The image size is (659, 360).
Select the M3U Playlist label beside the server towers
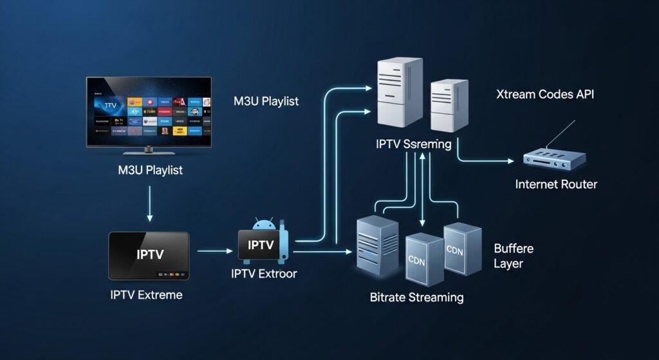[x=266, y=102]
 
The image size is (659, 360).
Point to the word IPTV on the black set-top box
[x=150, y=254]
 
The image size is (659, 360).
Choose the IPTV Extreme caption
[x=146, y=295]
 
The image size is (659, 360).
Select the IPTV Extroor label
[x=264, y=273]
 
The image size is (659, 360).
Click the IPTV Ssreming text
[x=413, y=144]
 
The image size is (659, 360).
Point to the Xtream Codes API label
[x=545, y=95]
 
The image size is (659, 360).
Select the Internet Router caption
[x=556, y=185]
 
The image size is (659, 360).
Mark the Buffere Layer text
[x=514, y=256]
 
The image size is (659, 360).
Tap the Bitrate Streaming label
[x=416, y=298]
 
